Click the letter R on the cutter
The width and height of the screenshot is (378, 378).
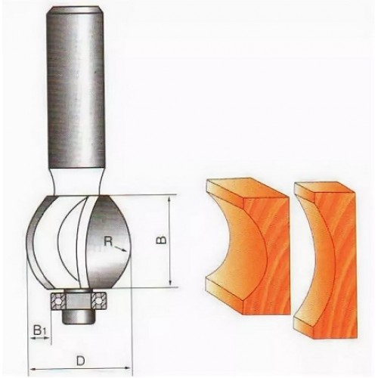click(x=108, y=242)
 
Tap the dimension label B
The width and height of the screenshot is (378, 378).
click(x=163, y=240)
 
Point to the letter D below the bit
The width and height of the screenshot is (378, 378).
click(x=81, y=361)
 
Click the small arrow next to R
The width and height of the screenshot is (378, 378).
click(x=120, y=249)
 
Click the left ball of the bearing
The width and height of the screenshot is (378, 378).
click(x=59, y=302)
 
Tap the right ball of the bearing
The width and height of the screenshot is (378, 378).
click(x=99, y=302)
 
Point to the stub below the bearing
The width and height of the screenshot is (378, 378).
click(x=78, y=317)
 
